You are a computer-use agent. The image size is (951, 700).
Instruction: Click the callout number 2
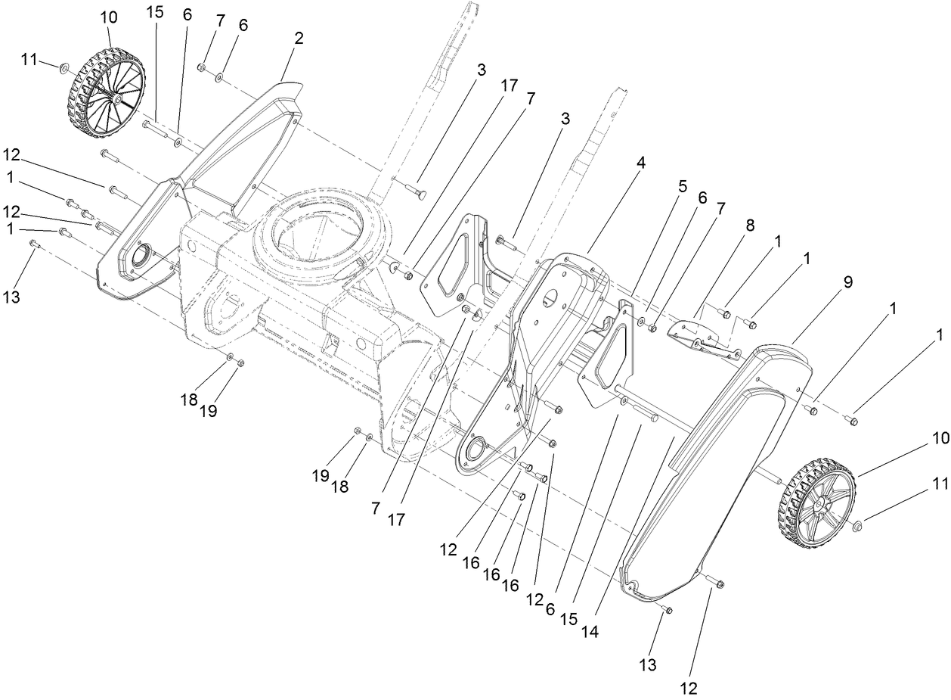299,39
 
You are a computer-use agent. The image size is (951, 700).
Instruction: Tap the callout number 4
640,162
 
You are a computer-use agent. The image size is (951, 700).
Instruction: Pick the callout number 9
847,282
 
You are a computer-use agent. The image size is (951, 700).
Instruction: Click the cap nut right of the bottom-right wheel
859,525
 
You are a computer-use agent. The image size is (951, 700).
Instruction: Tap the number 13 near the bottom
648,665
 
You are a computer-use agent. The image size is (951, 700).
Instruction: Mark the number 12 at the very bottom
689,688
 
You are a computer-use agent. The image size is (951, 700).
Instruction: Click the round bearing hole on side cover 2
140,258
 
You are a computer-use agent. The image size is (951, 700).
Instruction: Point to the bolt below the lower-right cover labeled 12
717,583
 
